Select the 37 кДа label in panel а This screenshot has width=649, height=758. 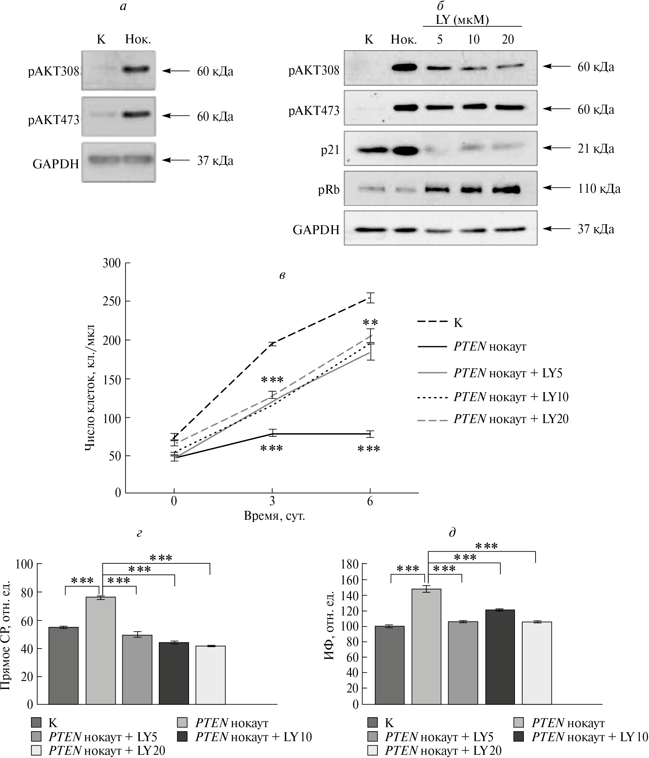(x=215, y=161)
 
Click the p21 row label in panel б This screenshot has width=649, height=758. (x=330, y=150)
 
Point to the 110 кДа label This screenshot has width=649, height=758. (x=598, y=189)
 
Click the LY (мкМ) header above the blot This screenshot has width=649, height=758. (x=462, y=19)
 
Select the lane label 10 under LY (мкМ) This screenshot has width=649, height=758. (x=474, y=39)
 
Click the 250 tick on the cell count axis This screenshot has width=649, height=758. (x=112, y=302)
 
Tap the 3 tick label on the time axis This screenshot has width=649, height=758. (x=272, y=501)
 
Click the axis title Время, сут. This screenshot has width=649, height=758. (x=274, y=516)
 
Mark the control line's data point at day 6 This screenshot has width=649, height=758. (x=370, y=298)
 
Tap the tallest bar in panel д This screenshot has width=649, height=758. (x=426, y=647)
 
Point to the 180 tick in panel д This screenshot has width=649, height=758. (x=349, y=565)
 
